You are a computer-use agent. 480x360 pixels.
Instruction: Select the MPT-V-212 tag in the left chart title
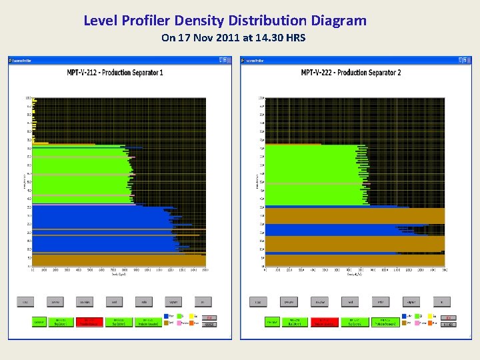coord(86,72)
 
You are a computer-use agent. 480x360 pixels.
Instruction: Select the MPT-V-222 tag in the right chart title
coord(319,72)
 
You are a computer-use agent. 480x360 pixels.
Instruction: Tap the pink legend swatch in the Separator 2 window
coord(417,323)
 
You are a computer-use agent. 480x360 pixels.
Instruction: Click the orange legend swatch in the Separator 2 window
coord(431,323)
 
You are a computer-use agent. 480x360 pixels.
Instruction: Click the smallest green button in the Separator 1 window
coord(39,322)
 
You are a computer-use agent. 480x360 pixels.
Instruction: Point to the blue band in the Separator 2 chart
coord(327,230)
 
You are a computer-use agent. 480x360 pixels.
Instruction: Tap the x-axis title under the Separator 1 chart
coord(119,275)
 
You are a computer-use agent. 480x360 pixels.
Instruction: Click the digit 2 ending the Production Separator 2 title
coord(399,72)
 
